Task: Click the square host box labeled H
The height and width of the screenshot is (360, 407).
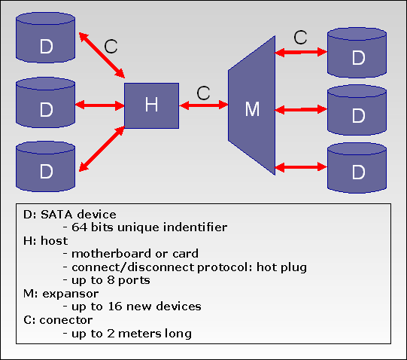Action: tap(151, 105)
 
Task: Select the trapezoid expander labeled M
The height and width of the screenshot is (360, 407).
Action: tap(251, 105)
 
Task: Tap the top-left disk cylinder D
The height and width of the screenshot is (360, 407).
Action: tap(46, 38)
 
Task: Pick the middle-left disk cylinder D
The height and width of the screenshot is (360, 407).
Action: tap(46, 102)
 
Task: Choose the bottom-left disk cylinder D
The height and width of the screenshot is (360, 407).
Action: tap(46, 166)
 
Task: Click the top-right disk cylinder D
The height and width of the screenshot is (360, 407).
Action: tap(357, 53)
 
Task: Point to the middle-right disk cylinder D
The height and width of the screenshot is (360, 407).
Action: tap(357, 110)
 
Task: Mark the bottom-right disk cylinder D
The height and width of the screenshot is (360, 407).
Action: tap(357, 168)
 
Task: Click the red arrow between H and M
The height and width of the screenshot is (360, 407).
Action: tap(203, 105)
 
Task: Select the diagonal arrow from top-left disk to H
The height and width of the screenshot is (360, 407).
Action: tap(102, 55)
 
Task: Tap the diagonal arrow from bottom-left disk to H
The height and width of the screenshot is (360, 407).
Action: tap(102, 149)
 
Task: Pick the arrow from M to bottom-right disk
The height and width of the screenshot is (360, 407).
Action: tap(301, 167)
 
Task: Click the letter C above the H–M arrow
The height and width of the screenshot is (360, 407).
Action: tap(203, 93)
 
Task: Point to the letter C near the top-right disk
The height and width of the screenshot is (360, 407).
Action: tap(301, 37)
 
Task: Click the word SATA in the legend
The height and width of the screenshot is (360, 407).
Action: tap(56, 215)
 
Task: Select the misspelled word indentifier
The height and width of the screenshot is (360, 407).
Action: tap(195, 227)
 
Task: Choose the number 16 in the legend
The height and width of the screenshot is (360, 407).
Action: tap(115, 307)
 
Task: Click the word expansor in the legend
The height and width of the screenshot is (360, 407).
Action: tap(71, 294)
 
